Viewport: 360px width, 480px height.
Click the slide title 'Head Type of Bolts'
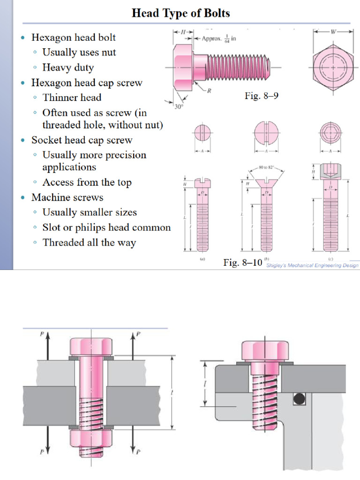click(181, 13)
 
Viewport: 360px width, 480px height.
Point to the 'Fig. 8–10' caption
click(242, 262)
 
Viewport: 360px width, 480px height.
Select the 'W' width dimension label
click(333, 32)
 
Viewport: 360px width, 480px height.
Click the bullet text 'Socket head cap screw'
click(82, 140)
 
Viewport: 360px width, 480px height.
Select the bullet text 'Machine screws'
click(67, 197)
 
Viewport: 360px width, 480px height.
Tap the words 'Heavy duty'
click(68, 67)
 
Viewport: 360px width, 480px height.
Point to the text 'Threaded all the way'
click(89, 243)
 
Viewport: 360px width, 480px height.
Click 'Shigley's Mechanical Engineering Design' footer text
click(312, 265)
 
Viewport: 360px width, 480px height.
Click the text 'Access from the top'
click(87, 182)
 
